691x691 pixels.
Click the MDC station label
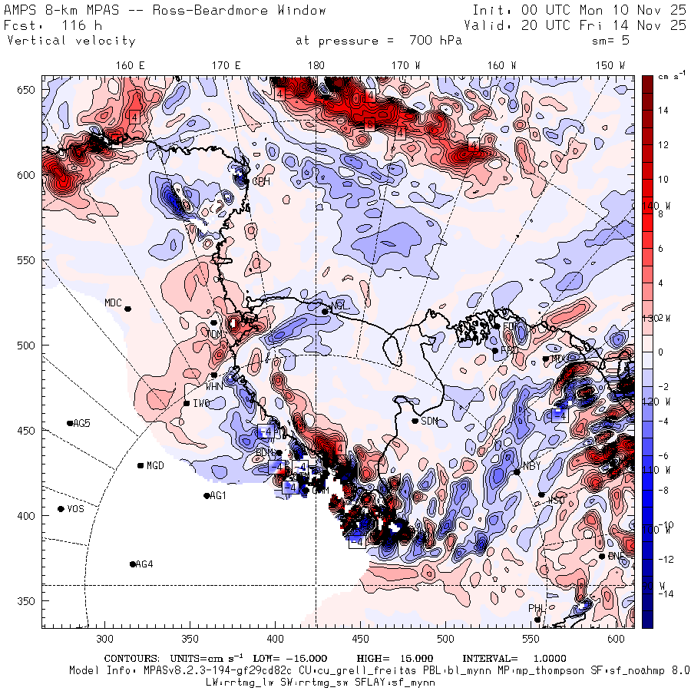coord(113,303)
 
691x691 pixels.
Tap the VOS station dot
coord(61,509)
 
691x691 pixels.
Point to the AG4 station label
coord(144,565)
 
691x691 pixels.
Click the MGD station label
coord(155,466)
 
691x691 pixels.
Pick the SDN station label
coord(429,421)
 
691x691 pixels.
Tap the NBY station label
coord(531,466)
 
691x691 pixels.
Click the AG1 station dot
coord(207,496)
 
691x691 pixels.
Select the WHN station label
coord(213,386)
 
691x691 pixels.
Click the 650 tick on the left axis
coord(28,91)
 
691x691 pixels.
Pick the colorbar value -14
coord(664,593)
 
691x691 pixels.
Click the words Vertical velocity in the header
coord(71,41)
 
